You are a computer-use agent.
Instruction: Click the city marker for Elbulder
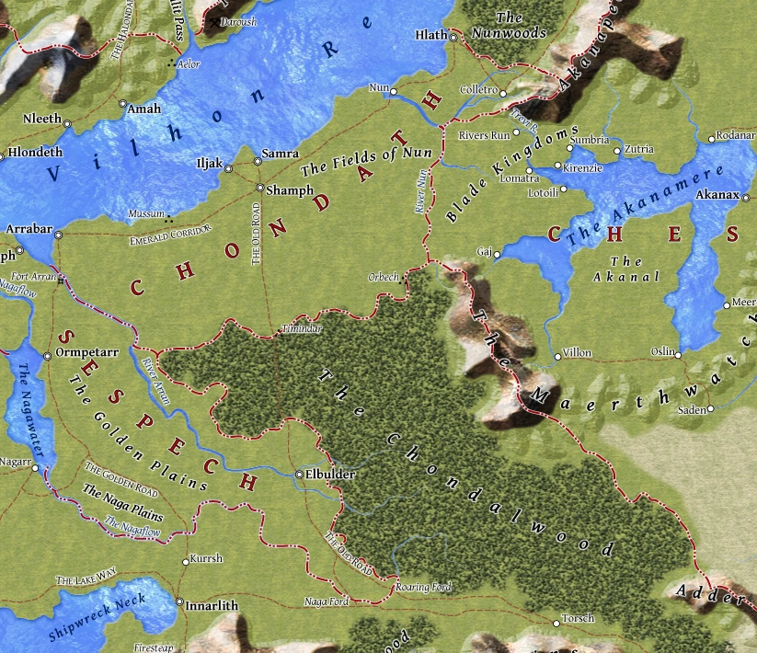point(300,475)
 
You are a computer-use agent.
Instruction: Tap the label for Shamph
point(283,191)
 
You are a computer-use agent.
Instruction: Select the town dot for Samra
point(258,162)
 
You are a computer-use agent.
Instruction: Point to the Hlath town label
point(430,36)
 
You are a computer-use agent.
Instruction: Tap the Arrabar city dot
point(58,235)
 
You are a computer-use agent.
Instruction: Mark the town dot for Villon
point(557,353)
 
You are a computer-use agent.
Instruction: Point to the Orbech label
point(382,276)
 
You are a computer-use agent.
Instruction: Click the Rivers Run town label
point(484,135)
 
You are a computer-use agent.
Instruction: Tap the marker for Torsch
point(556,623)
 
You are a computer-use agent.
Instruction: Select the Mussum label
point(146,213)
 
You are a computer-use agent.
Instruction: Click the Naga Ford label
point(326,601)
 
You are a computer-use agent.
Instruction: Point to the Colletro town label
point(477,91)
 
